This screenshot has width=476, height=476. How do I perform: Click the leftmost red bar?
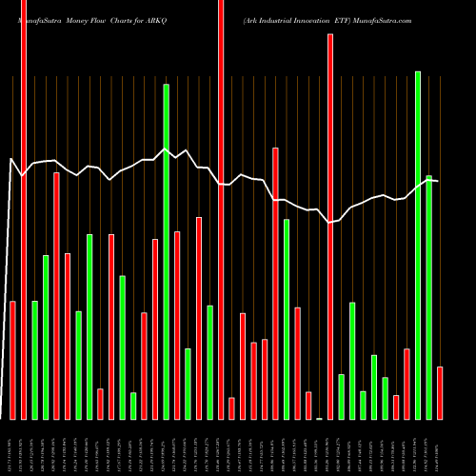click(x=12, y=360)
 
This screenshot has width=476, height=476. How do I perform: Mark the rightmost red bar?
click(x=440, y=392)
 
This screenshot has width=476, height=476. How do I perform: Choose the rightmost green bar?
click(x=428, y=297)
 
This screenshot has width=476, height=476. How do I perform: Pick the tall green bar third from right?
click(x=417, y=245)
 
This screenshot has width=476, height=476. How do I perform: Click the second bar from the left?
click(x=24, y=209)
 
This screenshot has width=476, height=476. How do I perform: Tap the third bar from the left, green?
click(x=34, y=360)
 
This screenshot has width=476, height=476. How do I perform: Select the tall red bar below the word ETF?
click(x=330, y=227)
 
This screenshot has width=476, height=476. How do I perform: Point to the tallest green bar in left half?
click(x=166, y=251)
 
